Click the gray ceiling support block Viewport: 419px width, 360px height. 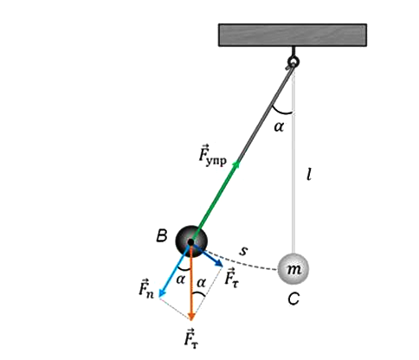(x=293, y=35)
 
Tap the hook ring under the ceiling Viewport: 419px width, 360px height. (x=293, y=61)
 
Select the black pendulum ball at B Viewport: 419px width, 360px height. (x=191, y=241)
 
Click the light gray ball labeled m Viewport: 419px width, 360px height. (x=293, y=269)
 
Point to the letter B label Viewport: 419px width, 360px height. (x=162, y=235)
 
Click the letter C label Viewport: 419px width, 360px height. (x=293, y=299)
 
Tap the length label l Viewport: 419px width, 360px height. (x=309, y=174)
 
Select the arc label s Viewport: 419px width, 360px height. (x=243, y=250)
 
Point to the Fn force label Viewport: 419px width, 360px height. (x=146, y=288)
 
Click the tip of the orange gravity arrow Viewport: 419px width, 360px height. (x=190, y=320)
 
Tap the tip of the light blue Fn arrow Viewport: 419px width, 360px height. (x=159, y=297)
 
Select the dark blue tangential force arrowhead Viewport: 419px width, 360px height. (x=218, y=263)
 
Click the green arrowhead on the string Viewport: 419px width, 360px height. (x=236, y=164)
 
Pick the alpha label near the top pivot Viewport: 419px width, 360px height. (x=279, y=126)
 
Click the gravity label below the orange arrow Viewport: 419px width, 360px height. (x=191, y=338)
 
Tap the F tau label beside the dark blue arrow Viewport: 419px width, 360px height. (x=232, y=278)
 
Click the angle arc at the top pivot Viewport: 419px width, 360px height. (x=281, y=112)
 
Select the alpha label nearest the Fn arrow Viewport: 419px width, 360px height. (x=180, y=280)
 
